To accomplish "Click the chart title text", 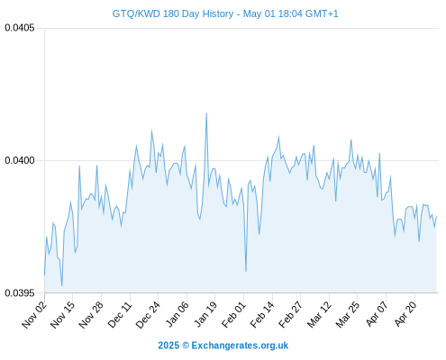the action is pyautogui.click(x=225, y=13).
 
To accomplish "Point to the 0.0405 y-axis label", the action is pyautogui.click(x=20, y=28).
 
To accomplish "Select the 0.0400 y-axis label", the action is pyautogui.click(x=20, y=160).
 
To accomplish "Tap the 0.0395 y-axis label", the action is pyautogui.click(x=20, y=292).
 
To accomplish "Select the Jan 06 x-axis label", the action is pyautogui.click(x=177, y=314).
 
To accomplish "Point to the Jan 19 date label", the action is pyautogui.click(x=205, y=314).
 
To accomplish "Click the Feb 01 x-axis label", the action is pyautogui.click(x=233, y=314).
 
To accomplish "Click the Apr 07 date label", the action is pyautogui.click(x=377, y=314).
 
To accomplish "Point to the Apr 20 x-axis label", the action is pyautogui.click(x=405, y=314).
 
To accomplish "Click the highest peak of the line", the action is pyautogui.click(x=206, y=113).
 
